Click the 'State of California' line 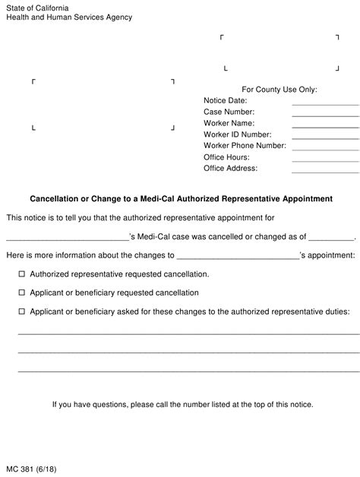click(x=35, y=7)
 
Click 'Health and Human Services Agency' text click(x=68, y=17)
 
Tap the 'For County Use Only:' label click(x=279, y=89)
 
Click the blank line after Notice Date click(x=325, y=103)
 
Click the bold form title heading click(x=181, y=199)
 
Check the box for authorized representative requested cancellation click(x=21, y=273)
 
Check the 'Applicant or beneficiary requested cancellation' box click(x=21, y=292)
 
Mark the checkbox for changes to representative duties click(x=21, y=311)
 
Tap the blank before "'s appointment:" click(x=238, y=257)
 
